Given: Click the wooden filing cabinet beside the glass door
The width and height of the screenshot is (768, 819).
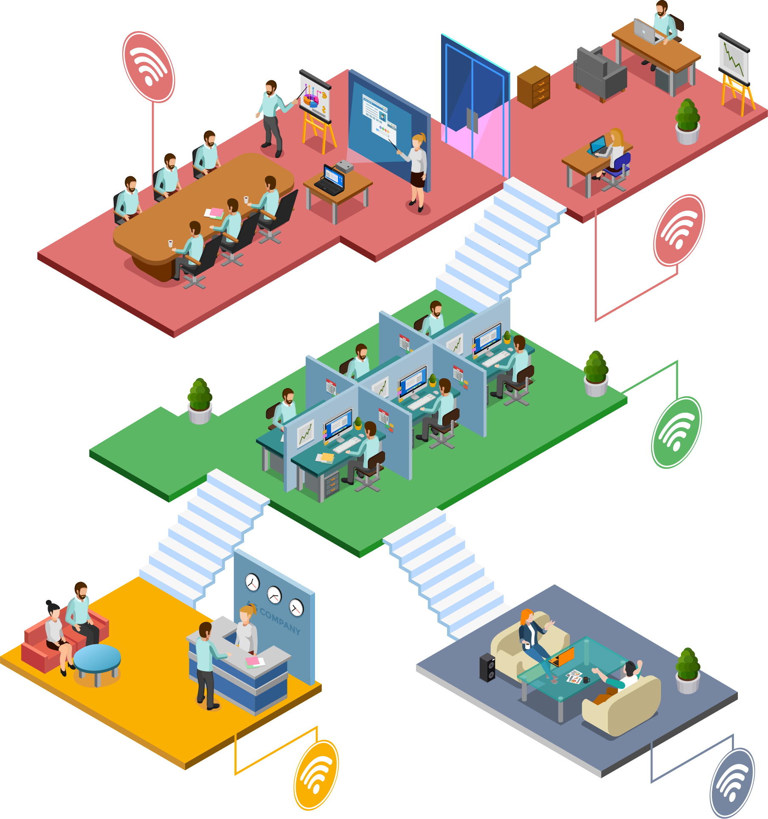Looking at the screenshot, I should (534, 87).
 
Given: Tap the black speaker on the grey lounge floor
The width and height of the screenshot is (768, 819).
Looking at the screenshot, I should (487, 667).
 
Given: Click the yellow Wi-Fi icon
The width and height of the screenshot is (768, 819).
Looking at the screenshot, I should (316, 774).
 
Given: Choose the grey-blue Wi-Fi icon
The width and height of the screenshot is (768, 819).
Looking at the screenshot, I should (732, 783).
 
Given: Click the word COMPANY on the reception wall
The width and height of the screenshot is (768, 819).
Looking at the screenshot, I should (280, 621).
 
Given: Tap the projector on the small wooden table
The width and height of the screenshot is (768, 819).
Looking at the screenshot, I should (345, 167).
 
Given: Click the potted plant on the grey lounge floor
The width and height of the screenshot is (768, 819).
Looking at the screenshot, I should (688, 671).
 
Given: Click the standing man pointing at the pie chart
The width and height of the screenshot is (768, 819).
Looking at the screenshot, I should (271, 117).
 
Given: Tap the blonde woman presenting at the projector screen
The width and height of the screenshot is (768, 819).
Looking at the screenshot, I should (417, 170).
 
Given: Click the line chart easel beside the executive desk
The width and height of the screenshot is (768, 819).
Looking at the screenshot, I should (735, 72).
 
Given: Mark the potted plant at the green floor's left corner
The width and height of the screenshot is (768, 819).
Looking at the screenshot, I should (200, 401).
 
